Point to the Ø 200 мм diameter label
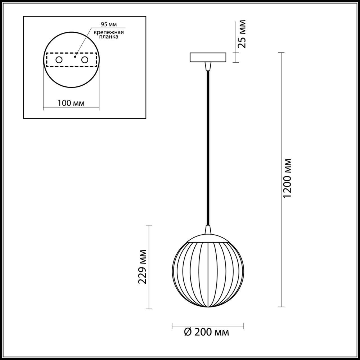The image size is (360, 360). click(x=206, y=332)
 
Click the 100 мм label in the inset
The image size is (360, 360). click(x=71, y=103)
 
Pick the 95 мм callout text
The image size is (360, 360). click(x=107, y=24)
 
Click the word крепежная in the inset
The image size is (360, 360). click(x=109, y=32)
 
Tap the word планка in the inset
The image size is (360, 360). click(x=109, y=37)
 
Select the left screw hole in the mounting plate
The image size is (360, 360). click(x=59, y=60)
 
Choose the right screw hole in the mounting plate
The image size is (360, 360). click(x=84, y=60)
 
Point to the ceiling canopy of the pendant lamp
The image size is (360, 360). click(x=208, y=57)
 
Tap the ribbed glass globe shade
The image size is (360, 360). click(x=208, y=273)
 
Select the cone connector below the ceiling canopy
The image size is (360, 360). click(x=208, y=66)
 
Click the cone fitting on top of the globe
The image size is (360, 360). click(x=208, y=229)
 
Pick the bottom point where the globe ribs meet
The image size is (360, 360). click(x=208, y=306)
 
